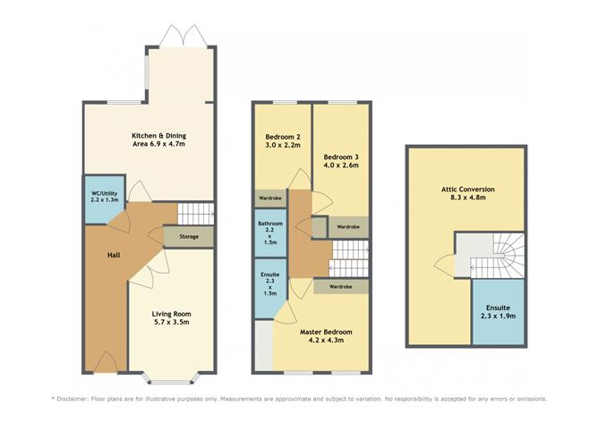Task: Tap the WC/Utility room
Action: point(105,198)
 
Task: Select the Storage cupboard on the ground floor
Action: point(188,237)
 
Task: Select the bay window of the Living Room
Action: point(171,368)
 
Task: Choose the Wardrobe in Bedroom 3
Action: point(348,227)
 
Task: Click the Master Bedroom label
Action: point(325,336)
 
